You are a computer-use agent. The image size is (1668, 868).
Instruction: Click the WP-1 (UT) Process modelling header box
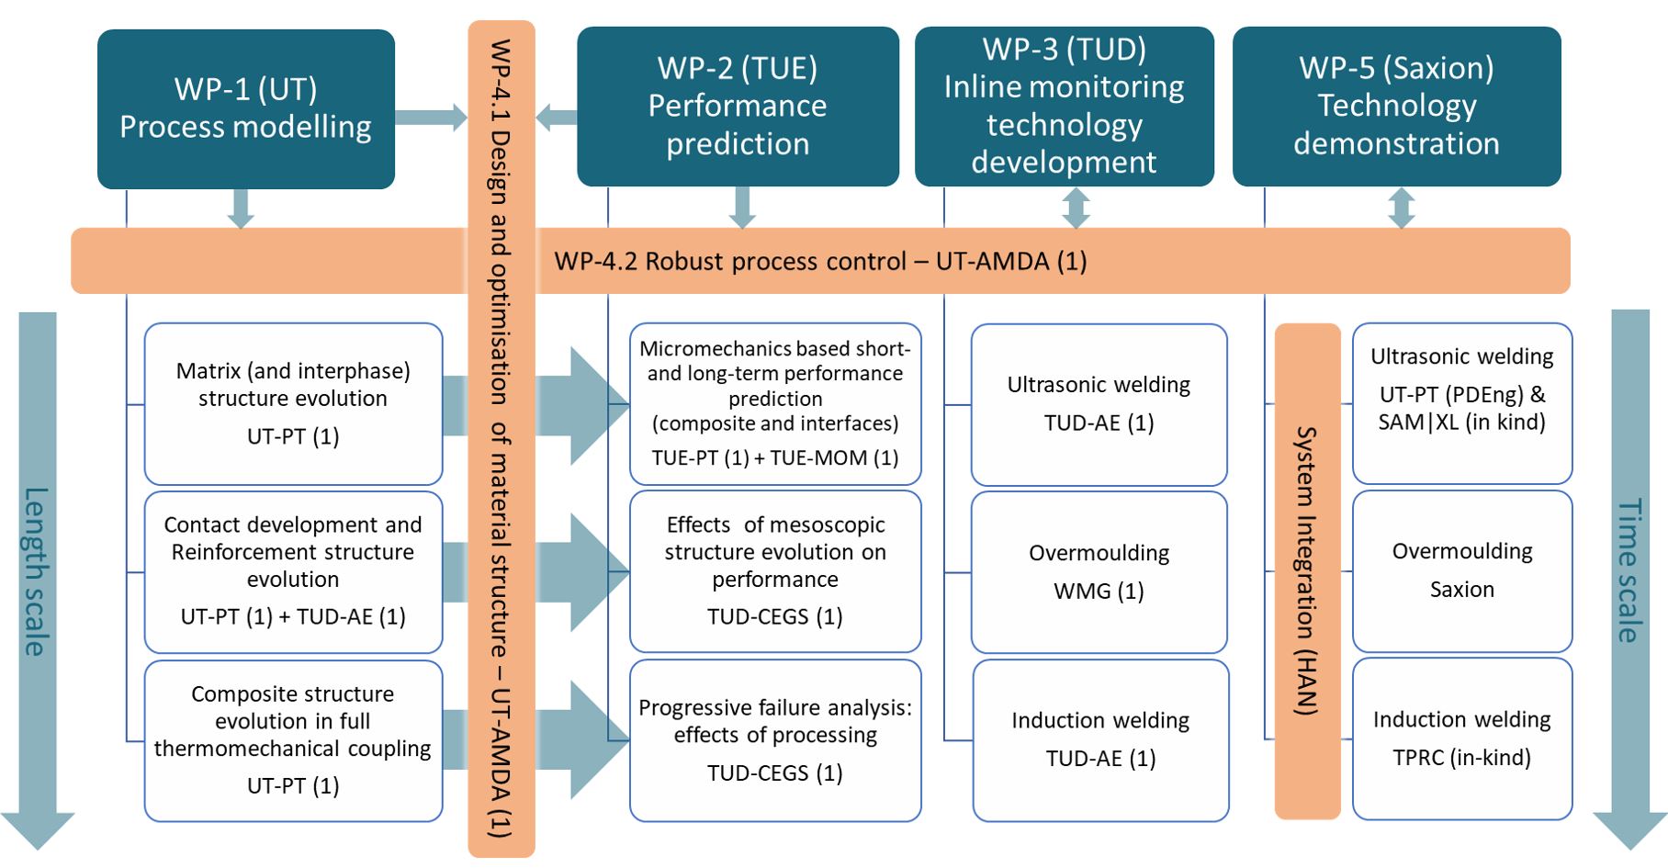pyautogui.click(x=245, y=108)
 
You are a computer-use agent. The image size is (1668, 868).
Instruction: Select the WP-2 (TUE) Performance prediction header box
pyautogui.click(x=738, y=106)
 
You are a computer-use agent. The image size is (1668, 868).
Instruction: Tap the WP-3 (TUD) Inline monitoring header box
pyautogui.click(x=1064, y=106)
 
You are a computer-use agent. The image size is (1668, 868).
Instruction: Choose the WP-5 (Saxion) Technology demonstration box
pyautogui.click(x=1396, y=106)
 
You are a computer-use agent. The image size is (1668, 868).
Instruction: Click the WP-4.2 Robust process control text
pyautogui.click(x=820, y=262)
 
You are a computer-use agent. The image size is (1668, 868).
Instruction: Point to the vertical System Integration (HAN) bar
pyautogui.click(x=1307, y=570)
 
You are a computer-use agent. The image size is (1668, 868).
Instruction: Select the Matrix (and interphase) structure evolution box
pyautogui.click(x=293, y=403)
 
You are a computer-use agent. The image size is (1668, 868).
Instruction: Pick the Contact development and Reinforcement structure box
pyautogui.click(x=293, y=571)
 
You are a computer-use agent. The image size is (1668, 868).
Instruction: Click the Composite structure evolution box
pyautogui.click(x=293, y=739)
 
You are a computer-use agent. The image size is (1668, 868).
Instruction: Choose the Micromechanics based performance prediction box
pyautogui.click(x=775, y=403)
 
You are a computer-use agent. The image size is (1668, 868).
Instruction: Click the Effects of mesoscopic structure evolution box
pyautogui.click(x=775, y=571)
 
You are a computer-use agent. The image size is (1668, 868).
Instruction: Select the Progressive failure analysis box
pyautogui.click(x=775, y=739)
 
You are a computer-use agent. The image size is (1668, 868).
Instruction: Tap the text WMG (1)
pyautogui.click(x=1099, y=592)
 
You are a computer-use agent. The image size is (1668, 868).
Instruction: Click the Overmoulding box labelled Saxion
pyautogui.click(x=1462, y=570)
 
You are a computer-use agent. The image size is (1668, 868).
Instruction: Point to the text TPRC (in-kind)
pyautogui.click(x=1462, y=758)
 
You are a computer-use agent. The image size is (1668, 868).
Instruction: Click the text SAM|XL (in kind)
pyautogui.click(x=1462, y=423)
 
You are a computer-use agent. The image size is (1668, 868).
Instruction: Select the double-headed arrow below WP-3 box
pyautogui.click(x=1076, y=209)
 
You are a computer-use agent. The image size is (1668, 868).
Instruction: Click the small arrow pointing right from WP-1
pyautogui.click(x=431, y=118)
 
